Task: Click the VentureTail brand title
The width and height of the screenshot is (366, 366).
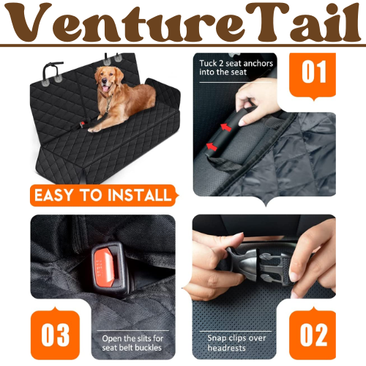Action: [x=182, y=23]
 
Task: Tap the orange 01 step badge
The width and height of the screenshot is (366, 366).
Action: [x=313, y=75]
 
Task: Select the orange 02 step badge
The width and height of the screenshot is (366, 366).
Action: [x=313, y=334]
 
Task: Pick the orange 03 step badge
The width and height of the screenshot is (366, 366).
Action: [x=55, y=334]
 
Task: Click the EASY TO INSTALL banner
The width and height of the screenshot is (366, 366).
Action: [x=104, y=195]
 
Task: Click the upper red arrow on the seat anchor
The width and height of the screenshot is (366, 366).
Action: [x=226, y=127]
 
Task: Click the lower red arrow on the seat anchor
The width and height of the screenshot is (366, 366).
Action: [x=212, y=146]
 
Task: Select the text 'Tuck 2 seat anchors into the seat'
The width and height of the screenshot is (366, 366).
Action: [x=236, y=68]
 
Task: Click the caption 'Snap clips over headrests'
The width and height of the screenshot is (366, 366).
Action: [x=236, y=343]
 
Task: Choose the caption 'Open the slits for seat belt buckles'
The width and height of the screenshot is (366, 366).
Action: [x=132, y=343]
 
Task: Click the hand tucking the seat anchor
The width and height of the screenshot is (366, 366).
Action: [x=258, y=100]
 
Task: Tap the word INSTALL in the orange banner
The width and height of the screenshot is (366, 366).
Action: [x=140, y=195]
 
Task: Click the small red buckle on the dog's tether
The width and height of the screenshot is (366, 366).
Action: [x=82, y=124]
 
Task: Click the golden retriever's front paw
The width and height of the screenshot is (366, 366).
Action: [x=93, y=130]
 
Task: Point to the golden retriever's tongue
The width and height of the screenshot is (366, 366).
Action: [x=105, y=89]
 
